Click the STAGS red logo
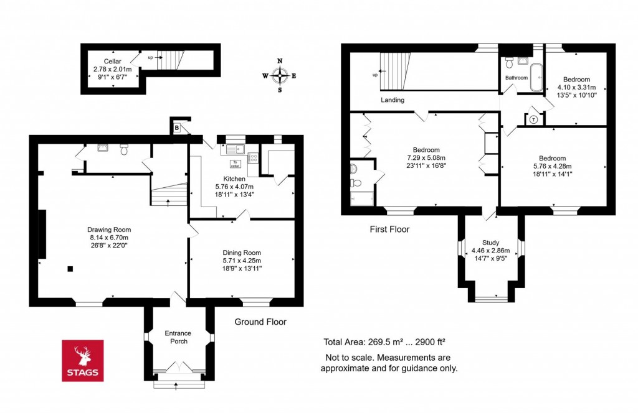click(x=83, y=361)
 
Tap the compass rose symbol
click(x=280, y=75)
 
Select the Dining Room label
click(x=242, y=252)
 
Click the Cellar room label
click(x=112, y=61)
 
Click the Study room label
click(x=490, y=243)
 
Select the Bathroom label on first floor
click(x=517, y=78)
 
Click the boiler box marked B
click(x=177, y=127)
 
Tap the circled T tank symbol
click(x=534, y=119)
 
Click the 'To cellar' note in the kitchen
click(x=235, y=164)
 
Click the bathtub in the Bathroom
click(x=536, y=78)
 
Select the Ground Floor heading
click(x=260, y=322)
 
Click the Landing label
click(x=393, y=100)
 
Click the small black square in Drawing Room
click(x=70, y=269)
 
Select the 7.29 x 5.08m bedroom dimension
click(x=426, y=158)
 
